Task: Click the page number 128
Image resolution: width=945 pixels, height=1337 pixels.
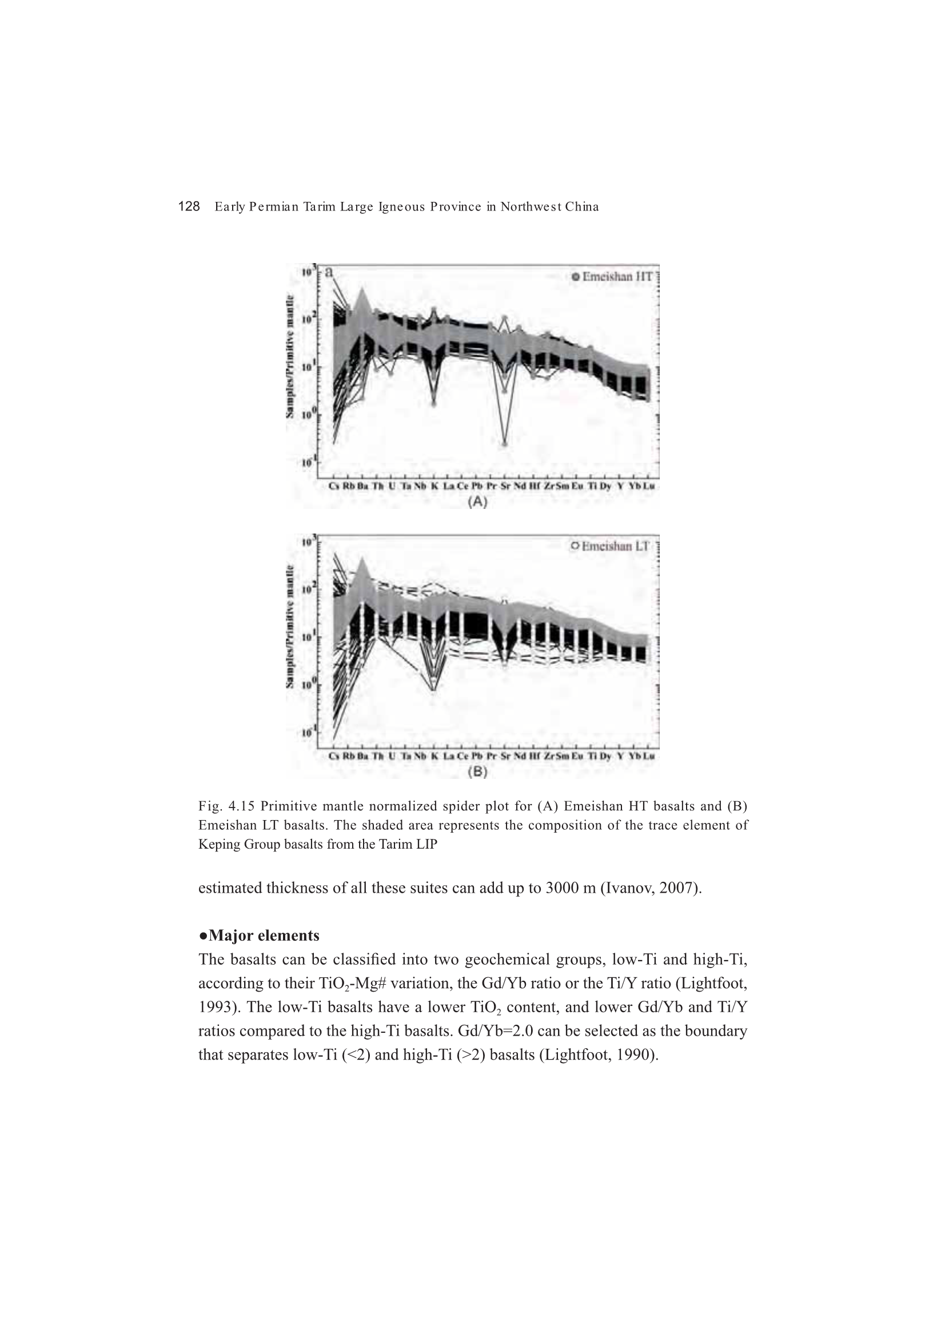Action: tap(189, 206)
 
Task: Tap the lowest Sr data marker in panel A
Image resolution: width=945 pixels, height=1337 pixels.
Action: tap(504, 444)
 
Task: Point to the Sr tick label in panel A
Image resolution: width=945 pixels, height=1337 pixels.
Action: tap(504, 486)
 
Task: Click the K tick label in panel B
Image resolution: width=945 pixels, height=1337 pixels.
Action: tap(434, 756)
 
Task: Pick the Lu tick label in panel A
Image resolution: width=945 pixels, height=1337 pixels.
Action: tap(649, 486)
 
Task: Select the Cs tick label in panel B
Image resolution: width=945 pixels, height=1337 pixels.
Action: tap(334, 756)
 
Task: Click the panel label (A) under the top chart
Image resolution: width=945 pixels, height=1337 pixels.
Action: tap(477, 502)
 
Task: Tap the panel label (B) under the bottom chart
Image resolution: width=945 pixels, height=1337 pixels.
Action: tap(477, 771)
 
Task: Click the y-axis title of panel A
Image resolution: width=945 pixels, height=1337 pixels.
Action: tap(289, 356)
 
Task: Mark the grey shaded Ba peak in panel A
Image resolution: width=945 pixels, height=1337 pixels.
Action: tap(362, 291)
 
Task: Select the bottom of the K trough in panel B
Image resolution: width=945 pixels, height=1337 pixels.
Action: tap(434, 690)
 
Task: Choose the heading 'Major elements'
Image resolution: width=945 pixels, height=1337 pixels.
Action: tap(263, 936)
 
